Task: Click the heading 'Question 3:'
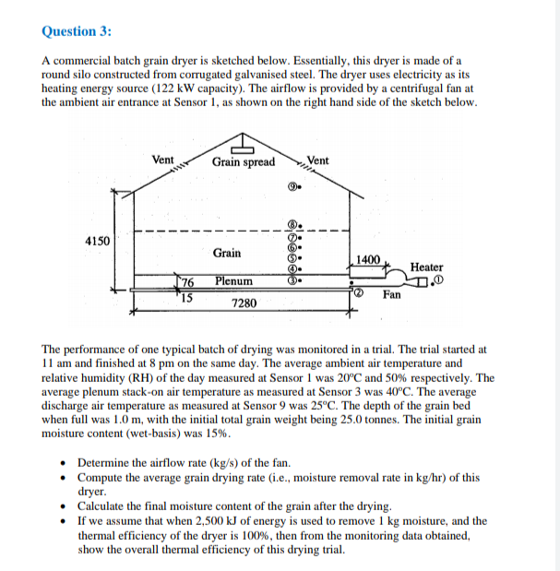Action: coord(77,31)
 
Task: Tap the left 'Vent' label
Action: coord(162,160)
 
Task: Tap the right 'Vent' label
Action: coord(317,161)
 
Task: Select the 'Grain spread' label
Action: coord(243,162)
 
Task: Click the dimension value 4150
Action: coord(97,241)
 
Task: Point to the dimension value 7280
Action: coord(244,303)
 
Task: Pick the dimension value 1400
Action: coord(368,260)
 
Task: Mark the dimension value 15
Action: coord(185,296)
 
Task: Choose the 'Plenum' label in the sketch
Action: coord(233,280)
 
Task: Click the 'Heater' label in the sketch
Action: coord(426,268)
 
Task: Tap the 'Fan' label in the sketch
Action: coord(392,295)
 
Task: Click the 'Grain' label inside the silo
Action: coord(227,253)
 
